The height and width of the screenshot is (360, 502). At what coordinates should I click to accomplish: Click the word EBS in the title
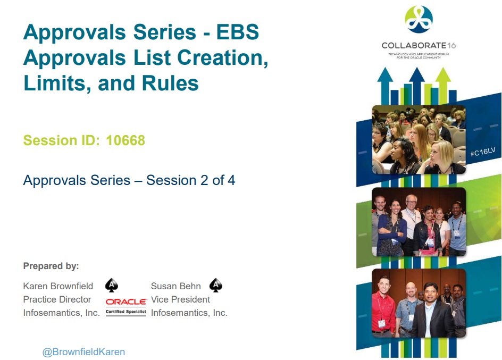[x=238, y=32]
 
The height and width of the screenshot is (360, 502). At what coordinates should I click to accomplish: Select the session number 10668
[x=125, y=140]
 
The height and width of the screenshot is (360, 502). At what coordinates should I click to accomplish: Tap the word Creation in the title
[x=222, y=57]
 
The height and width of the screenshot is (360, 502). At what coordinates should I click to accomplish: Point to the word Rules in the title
[x=170, y=83]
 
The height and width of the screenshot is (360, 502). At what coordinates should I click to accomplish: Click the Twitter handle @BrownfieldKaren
[x=83, y=351]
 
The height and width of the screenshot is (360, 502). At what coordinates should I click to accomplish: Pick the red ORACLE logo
[x=126, y=302]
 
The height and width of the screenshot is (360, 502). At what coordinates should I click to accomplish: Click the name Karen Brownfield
[x=58, y=286]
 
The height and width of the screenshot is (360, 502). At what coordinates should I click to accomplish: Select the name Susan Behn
[x=176, y=286]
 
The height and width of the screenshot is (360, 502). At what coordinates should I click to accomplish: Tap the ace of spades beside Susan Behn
[x=216, y=285]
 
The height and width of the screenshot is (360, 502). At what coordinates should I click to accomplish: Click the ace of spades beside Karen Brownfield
[x=112, y=285]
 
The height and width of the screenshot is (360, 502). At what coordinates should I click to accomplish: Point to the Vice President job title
[x=180, y=299]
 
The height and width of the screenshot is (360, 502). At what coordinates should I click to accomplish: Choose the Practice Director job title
[x=57, y=299]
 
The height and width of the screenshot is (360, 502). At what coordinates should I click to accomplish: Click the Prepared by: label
[x=51, y=266]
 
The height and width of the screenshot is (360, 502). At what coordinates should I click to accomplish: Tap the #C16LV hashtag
[x=483, y=152]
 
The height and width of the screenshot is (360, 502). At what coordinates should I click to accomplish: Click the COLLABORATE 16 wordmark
[x=419, y=45]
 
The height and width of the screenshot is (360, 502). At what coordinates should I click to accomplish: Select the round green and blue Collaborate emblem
[x=419, y=19]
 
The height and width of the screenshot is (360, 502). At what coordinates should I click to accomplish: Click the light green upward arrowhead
[x=443, y=74]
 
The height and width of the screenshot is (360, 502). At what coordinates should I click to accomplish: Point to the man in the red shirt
[x=383, y=304]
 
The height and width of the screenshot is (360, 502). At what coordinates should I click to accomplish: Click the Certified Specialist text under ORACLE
[x=126, y=312]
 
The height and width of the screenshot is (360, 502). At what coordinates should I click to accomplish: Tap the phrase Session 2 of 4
[x=190, y=180]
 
